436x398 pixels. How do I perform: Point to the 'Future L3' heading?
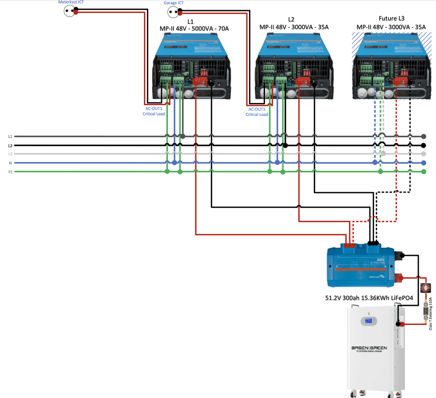(391, 19)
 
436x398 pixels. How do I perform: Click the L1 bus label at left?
(10, 136)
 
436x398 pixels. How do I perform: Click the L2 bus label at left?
(10, 146)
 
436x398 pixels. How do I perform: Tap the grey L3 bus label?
(10, 154)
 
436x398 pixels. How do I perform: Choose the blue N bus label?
(10, 163)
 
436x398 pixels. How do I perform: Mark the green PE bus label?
(10, 172)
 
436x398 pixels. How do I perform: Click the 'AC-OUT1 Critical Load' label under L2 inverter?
(258, 112)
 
